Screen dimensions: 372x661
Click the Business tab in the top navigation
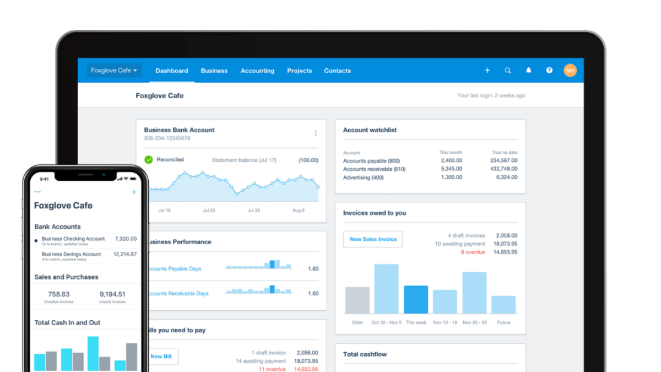pyautogui.click(x=214, y=71)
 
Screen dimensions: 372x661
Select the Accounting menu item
pyautogui.click(x=257, y=71)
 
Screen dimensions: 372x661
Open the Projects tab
pyautogui.click(x=299, y=71)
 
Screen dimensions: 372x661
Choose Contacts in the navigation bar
pyautogui.click(x=337, y=71)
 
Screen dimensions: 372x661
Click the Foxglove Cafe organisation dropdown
pyautogui.click(x=114, y=71)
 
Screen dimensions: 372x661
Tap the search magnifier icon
pyautogui.click(x=508, y=71)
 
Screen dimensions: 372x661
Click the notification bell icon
pyautogui.click(x=529, y=71)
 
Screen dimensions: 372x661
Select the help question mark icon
pyautogui.click(x=549, y=71)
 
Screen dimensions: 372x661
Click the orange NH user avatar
pyautogui.click(x=570, y=71)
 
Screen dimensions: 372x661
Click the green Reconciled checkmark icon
pyautogui.click(x=149, y=160)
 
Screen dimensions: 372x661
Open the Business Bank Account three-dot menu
pyautogui.click(x=316, y=133)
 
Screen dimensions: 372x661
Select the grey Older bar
pyautogui.click(x=357, y=300)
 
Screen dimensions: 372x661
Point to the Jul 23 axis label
pyautogui.click(x=209, y=211)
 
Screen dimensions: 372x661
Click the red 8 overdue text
pyautogui.click(x=473, y=252)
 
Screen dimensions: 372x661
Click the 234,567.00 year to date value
pyautogui.click(x=503, y=160)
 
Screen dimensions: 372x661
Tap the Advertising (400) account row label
pyautogui.click(x=363, y=177)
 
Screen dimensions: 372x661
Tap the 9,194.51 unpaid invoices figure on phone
pyautogui.click(x=112, y=294)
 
